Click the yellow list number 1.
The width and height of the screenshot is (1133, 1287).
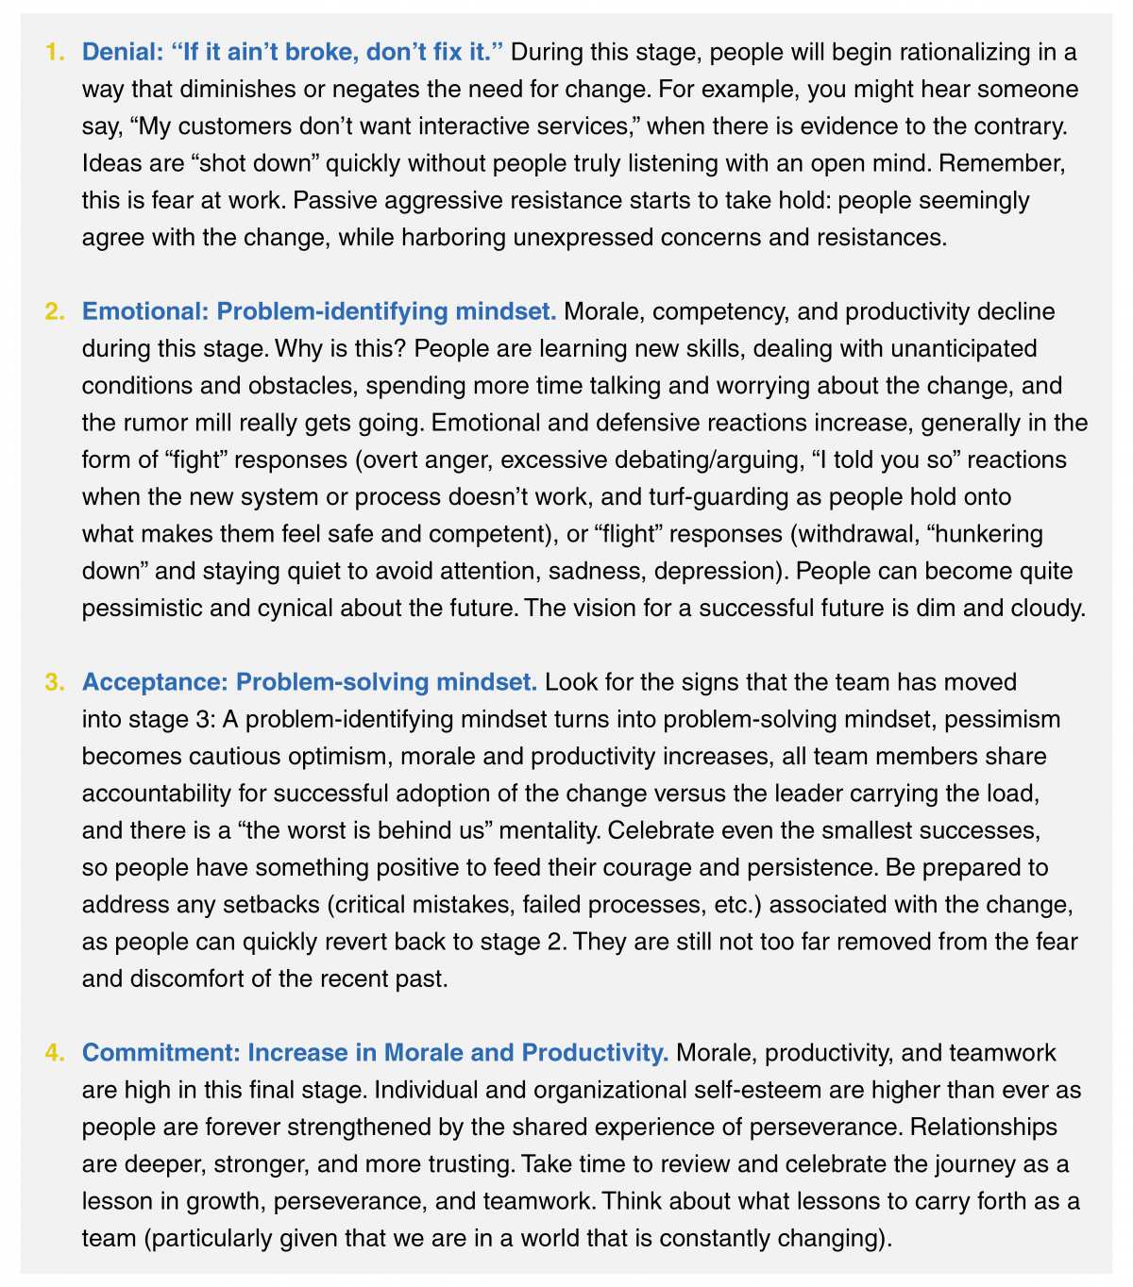pos(55,52)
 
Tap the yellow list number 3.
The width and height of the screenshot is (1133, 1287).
pos(55,681)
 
